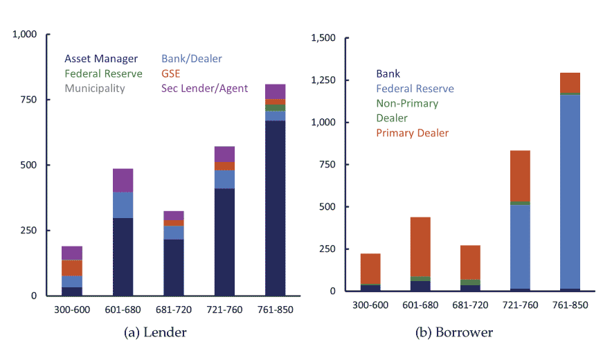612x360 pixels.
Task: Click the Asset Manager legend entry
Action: coord(101,59)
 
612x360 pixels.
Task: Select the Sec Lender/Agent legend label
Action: coord(204,88)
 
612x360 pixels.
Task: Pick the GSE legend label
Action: coord(171,73)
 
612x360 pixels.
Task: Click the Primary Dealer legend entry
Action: coord(412,133)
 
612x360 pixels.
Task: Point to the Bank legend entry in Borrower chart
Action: coord(388,73)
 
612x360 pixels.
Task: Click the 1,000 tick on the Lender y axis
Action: coord(26,34)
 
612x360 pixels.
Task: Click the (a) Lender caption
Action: coord(155,333)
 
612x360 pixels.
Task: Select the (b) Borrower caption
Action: coord(454,333)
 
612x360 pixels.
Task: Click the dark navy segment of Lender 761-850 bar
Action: coord(276,208)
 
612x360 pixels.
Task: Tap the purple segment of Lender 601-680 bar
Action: coord(123,180)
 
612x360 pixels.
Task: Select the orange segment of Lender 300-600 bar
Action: coord(72,267)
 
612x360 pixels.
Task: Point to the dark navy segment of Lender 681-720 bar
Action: coord(174,267)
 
